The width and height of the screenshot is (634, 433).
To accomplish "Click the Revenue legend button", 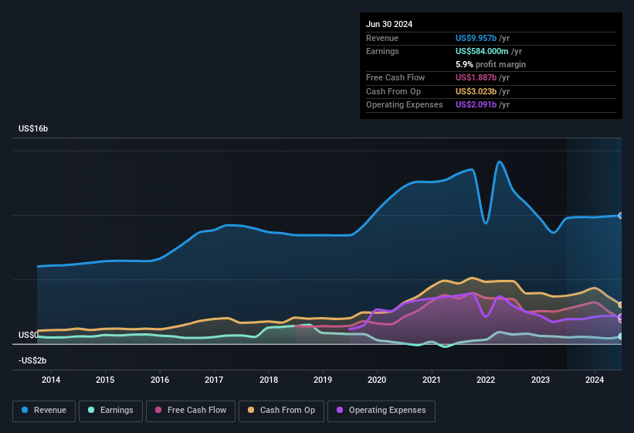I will click(x=44, y=411).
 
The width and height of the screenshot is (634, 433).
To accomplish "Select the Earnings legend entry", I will click(x=110, y=411).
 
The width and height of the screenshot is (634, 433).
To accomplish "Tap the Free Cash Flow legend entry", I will click(x=191, y=411).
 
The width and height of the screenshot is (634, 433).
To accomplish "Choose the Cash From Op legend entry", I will click(x=280, y=411).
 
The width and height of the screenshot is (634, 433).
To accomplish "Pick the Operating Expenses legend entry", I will click(x=381, y=411).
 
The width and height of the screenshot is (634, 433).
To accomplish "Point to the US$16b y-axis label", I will click(x=33, y=128).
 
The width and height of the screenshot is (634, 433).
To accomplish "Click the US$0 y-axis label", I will click(x=29, y=335).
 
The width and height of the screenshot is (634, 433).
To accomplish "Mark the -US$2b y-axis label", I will click(x=32, y=360).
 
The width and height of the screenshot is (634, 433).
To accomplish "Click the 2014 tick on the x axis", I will click(x=51, y=380).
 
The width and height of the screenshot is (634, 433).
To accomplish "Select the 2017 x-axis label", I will click(x=214, y=380).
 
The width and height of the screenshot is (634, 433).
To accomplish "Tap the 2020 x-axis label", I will click(x=377, y=380).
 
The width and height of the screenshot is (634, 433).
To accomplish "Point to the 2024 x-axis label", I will click(x=595, y=380).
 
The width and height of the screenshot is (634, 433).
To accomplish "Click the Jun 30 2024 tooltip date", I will click(x=389, y=24).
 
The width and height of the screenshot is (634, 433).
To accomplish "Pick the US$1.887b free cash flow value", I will click(x=476, y=78).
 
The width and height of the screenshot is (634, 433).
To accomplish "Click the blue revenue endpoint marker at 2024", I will click(x=620, y=215).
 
